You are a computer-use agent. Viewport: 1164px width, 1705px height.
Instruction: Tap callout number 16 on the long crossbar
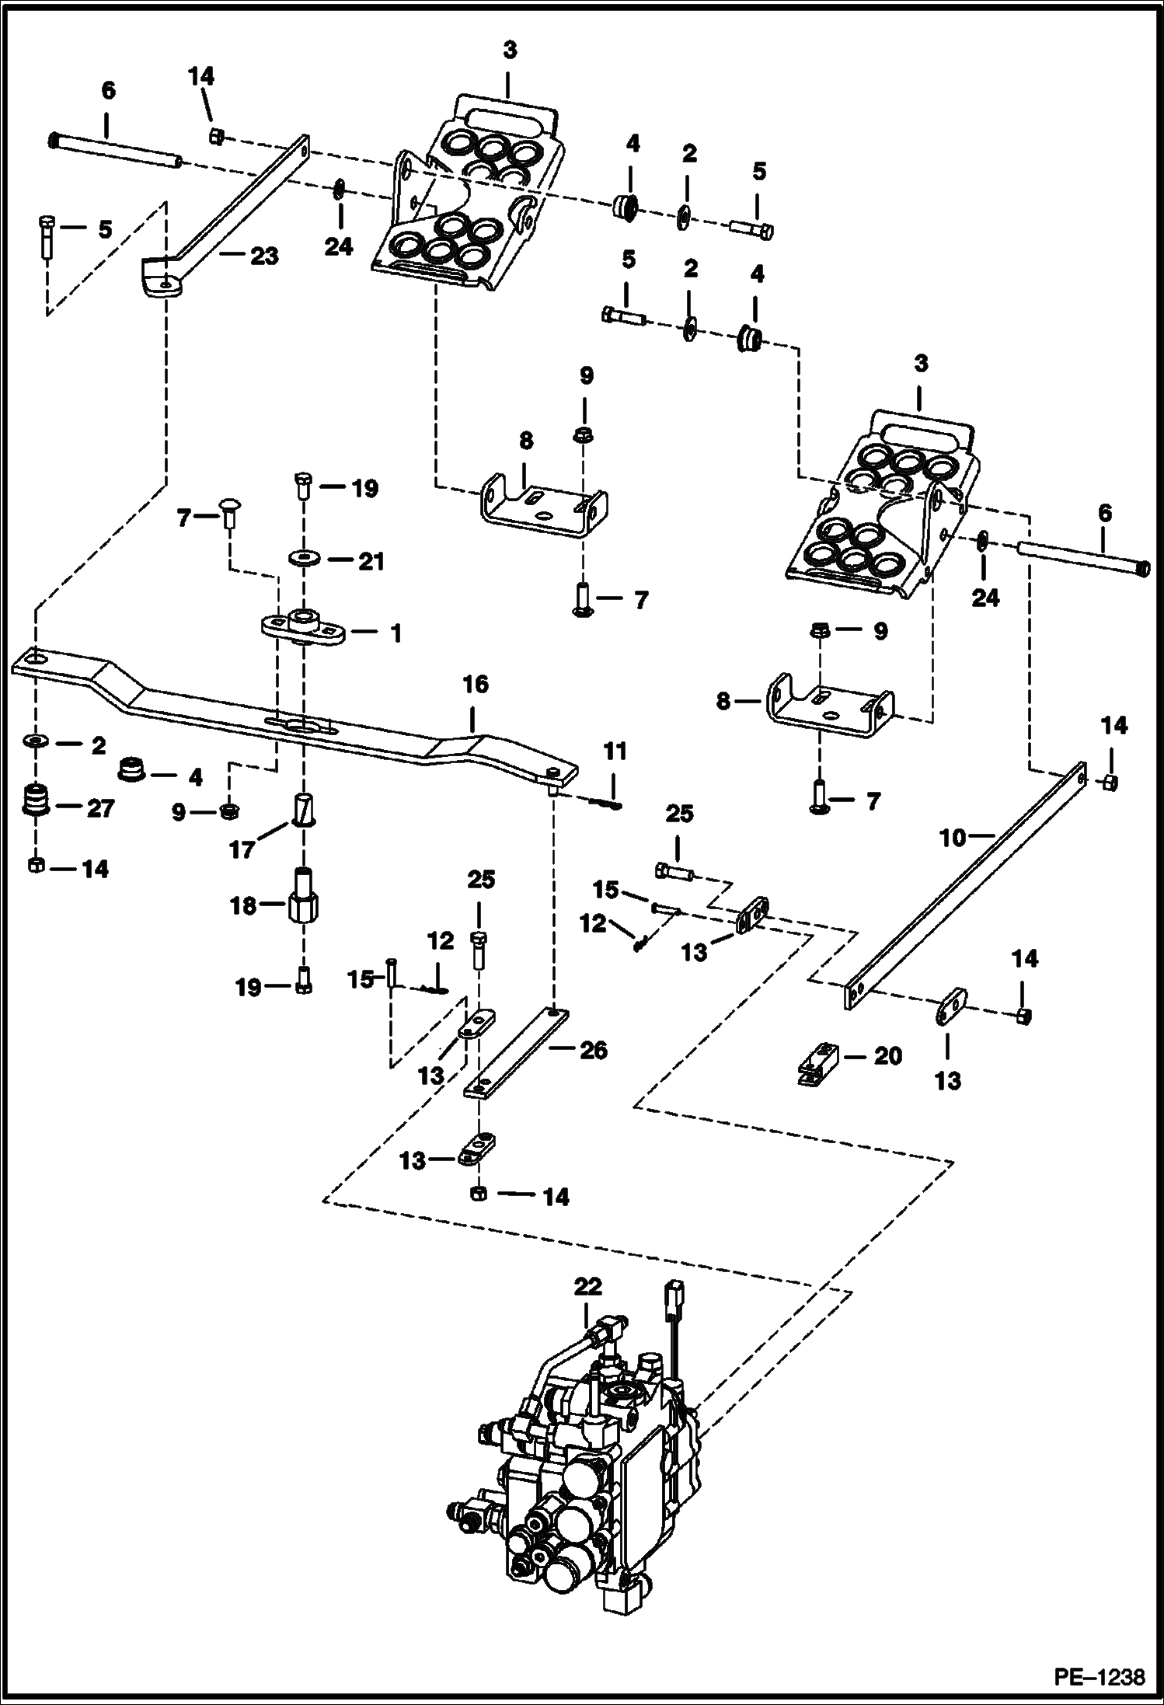point(476,685)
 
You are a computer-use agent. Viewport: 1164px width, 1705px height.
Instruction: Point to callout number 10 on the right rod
point(952,838)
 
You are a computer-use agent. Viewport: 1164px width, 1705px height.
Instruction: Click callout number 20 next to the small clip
point(887,1056)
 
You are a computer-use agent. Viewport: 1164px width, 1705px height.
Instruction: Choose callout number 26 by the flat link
point(593,1050)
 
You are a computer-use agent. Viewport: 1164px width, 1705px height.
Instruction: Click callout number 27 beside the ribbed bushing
point(100,808)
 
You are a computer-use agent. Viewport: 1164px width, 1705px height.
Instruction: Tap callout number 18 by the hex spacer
point(243,905)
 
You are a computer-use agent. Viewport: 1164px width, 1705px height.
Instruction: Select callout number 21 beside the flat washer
point(371,561)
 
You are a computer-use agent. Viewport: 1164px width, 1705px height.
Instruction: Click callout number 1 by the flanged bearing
point(396,634)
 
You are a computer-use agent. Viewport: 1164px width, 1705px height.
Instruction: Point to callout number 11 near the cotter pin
point(615,751)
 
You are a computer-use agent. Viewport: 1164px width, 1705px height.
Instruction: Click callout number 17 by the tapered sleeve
point(242,849)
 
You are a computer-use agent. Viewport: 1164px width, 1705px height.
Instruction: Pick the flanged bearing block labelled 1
point(303,626)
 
